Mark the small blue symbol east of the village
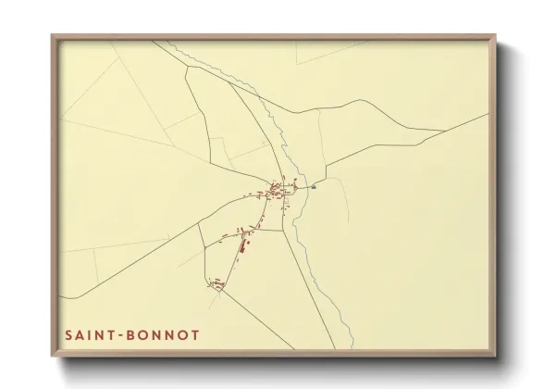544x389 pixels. [x=315, y=185]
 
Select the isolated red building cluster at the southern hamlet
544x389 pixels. [x=217, y=284]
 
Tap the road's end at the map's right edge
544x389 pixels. [x=488, y=115]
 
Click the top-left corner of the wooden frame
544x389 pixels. [x=53, y=36]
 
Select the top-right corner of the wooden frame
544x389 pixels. [x=495, y=36]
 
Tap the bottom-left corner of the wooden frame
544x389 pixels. [x=53, y=357]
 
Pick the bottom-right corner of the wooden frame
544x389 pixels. [x=495, y=357]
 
